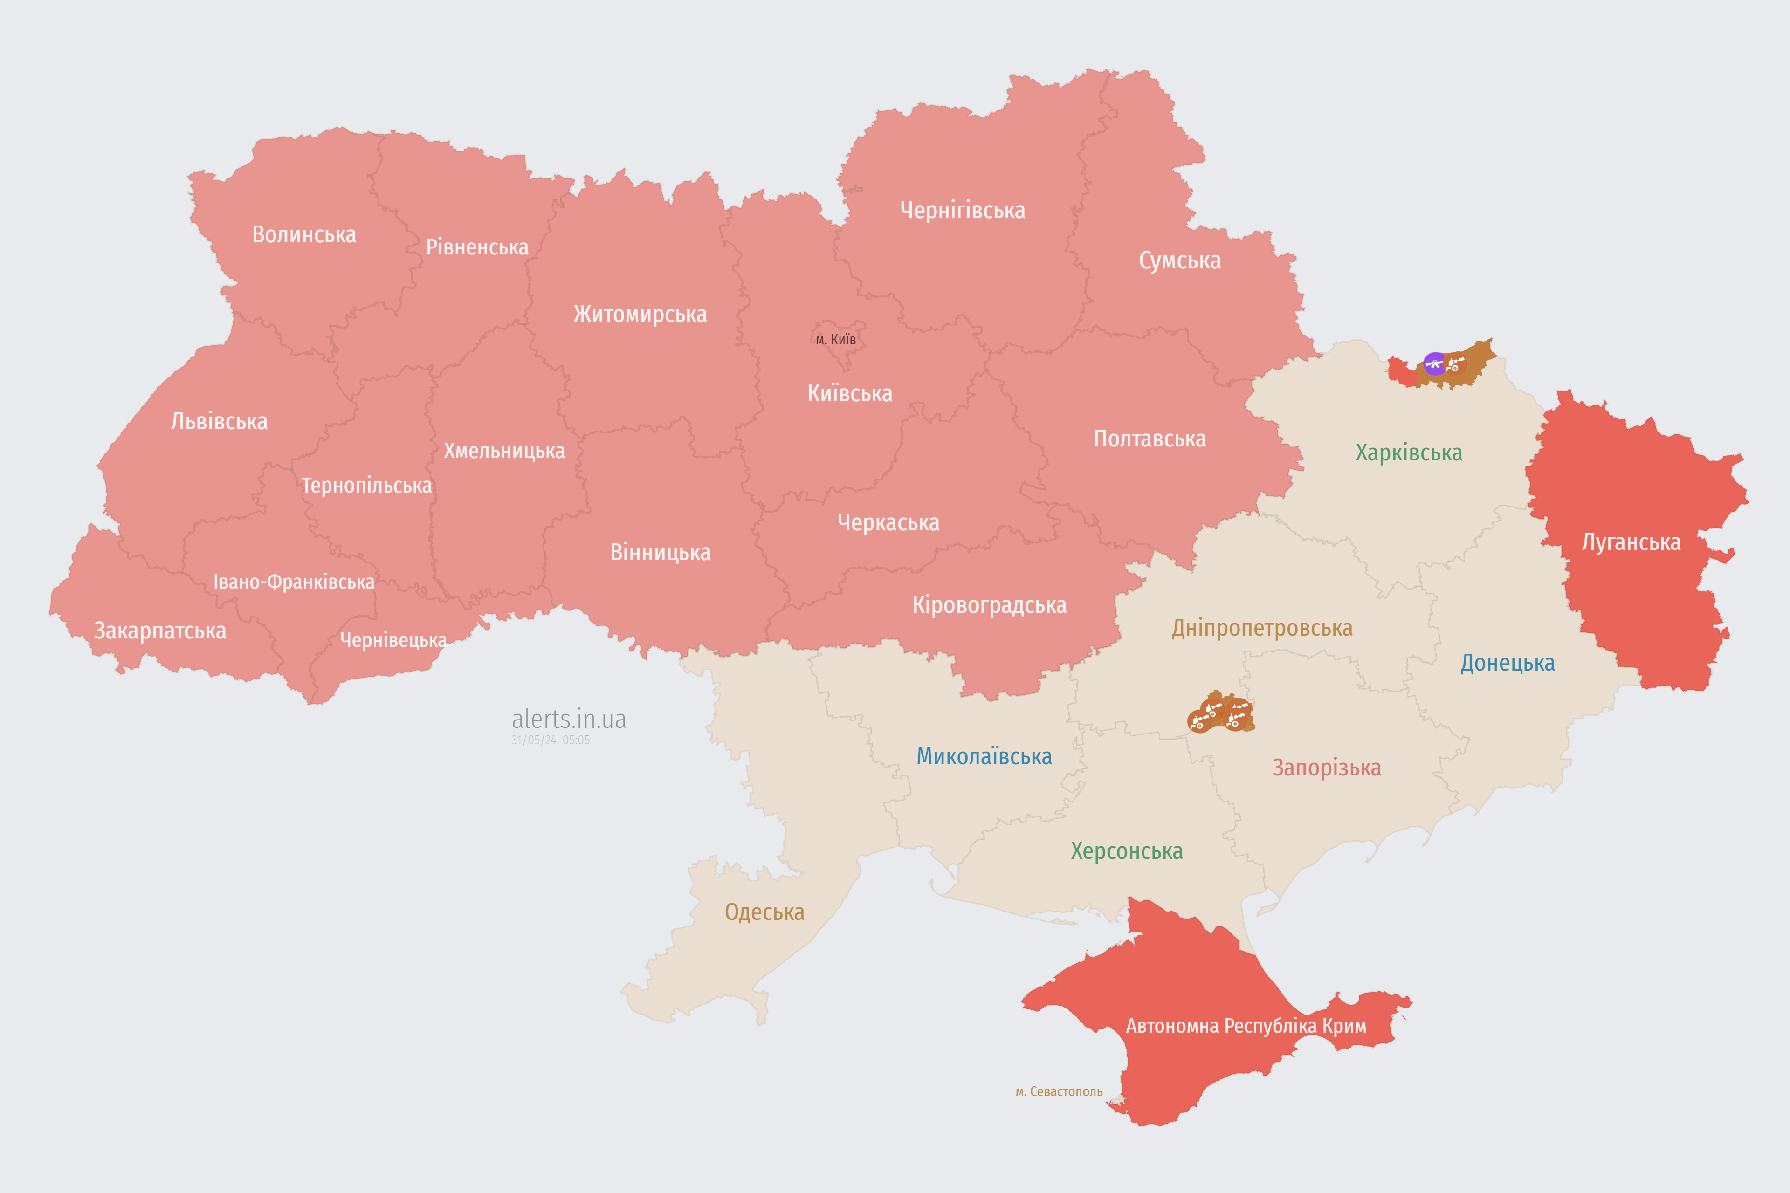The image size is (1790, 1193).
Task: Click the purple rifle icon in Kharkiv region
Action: [x=1435, y=363]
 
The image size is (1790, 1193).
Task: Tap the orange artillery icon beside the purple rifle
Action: [x=1455, y=363]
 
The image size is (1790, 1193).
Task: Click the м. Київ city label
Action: [x=836, y=339]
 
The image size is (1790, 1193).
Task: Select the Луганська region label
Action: [x=1631, y=542]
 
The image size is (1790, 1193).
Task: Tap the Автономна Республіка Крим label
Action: [x=1246, y=1026]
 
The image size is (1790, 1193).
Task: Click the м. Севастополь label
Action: [x=1059, y=1092]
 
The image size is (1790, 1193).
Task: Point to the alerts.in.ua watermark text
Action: [x=569, y=719]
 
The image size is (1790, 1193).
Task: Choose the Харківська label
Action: [x=1409, y=453]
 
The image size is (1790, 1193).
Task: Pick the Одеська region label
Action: [x=764, y=912]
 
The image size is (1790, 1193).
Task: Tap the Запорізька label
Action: [x=1327, y=768]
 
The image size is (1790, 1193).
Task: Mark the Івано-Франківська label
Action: [x=294, y=582]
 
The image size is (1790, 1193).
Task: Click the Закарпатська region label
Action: [x=160, y=631]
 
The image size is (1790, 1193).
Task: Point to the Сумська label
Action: [x=1180, y=261]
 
